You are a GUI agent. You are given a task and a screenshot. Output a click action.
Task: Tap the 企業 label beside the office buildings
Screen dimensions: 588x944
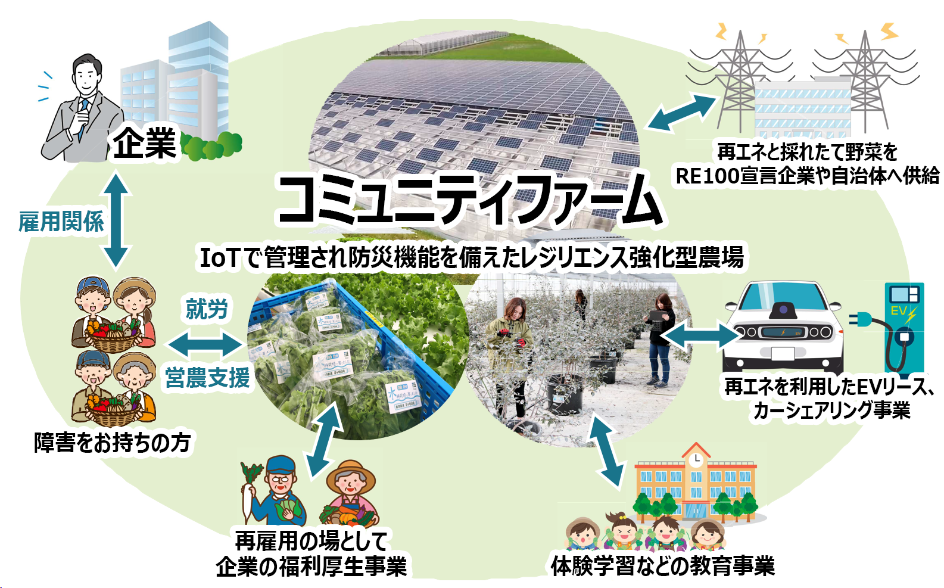click(145, 144)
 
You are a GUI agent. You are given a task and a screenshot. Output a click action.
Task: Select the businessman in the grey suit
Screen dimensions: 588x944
click(80, 113)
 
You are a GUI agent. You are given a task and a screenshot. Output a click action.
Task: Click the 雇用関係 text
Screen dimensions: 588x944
click(61, 222)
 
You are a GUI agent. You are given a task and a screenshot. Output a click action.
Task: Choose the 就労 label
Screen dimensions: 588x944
click(207, 309)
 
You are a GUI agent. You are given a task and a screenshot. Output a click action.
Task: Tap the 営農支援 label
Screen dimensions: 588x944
click(207, 378)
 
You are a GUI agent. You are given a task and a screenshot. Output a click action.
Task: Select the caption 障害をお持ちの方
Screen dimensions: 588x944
click(112, 443)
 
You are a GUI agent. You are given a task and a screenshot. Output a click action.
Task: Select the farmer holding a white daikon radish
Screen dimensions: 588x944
click(277, 491)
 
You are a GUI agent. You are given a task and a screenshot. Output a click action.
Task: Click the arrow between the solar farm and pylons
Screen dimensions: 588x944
click(681, 112)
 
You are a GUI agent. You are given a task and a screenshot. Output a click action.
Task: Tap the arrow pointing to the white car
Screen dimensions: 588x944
click(700, 335)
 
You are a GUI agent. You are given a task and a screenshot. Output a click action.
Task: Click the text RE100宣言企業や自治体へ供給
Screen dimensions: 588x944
click(808, 176)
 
